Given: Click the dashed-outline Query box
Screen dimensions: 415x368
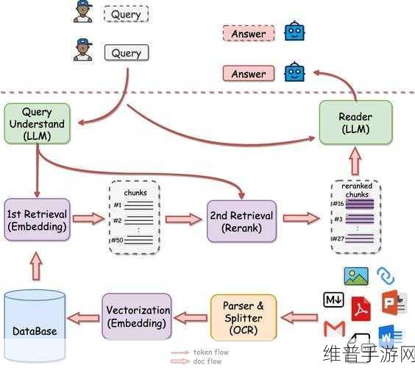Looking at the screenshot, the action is pos(126,14).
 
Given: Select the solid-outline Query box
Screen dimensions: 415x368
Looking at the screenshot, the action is pos(127,53).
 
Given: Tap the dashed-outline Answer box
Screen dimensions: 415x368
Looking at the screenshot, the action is pos(249,33).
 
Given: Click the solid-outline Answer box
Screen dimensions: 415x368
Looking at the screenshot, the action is pos(249,74).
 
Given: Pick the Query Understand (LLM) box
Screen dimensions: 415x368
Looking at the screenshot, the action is pos(37,124).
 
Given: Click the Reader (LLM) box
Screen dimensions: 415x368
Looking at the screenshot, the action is pos(355,123).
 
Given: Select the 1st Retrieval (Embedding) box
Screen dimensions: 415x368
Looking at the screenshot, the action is pos(37,220).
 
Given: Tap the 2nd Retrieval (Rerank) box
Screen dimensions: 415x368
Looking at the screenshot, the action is pos(241,222).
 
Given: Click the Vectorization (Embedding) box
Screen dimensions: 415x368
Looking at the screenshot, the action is pos(137,316).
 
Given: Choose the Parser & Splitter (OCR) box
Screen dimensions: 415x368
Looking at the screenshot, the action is pos(244,317).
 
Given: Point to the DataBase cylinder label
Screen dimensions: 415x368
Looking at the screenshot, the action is pos(35,331).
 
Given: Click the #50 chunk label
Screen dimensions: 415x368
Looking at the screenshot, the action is pos(117,240).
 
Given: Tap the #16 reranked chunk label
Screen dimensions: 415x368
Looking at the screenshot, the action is pos(338,204).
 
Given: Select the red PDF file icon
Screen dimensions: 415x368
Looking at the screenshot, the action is pos(361,308).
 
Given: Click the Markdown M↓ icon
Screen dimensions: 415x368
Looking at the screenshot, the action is pos(334,300).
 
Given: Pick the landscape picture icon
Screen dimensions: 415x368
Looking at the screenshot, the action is pos(356,276).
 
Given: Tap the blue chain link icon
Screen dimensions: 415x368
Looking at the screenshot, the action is pos(386,276).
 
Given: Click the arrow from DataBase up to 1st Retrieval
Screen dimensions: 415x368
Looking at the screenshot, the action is pos(36,266).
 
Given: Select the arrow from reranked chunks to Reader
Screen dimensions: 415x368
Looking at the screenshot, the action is pos(355,161).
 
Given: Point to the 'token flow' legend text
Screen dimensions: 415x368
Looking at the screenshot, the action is pos(211,352).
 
